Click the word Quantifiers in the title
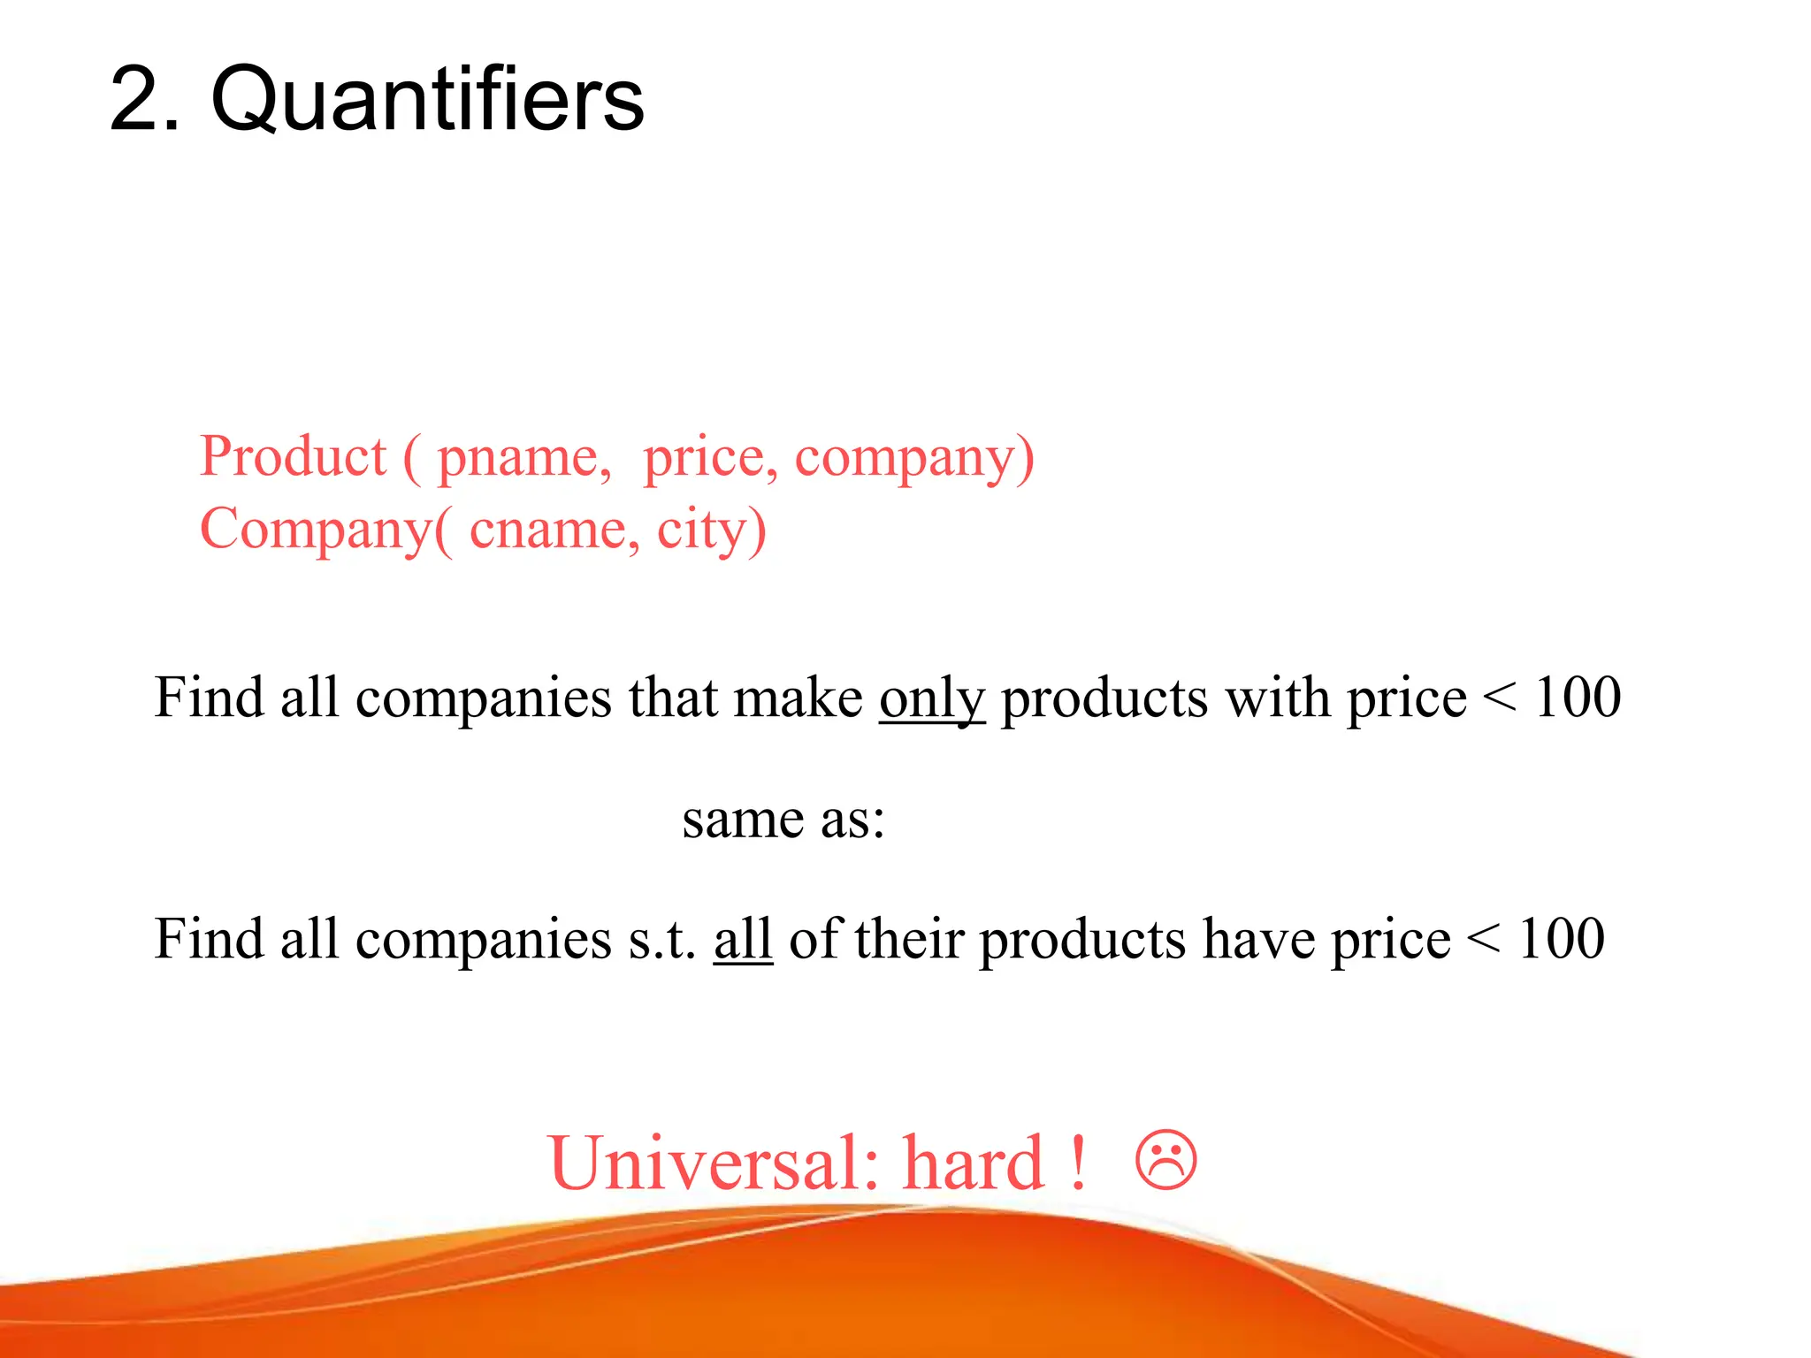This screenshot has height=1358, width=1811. [427, 99]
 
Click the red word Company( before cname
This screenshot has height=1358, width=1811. [325, 530]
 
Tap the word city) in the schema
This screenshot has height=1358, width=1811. [711, 530]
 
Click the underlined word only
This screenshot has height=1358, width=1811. [931, 698]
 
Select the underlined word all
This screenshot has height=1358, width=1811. [743, 938]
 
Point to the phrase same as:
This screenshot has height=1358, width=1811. [783, 819]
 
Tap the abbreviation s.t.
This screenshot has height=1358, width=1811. [661, 938]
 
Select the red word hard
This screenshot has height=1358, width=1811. [974, 1163]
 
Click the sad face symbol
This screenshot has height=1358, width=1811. [1165, 1159]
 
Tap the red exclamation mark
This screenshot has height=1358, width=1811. [1077, 1163]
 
